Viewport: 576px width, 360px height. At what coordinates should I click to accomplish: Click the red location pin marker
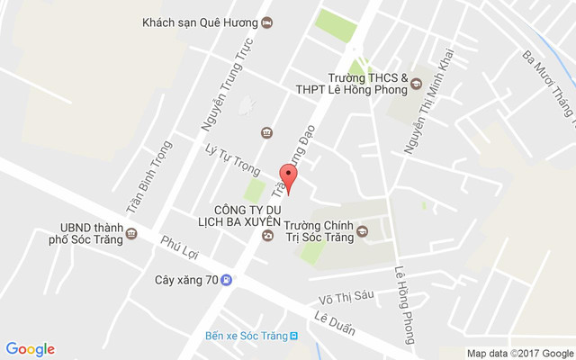point(288,176)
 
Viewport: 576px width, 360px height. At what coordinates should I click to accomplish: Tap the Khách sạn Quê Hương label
point(200,23)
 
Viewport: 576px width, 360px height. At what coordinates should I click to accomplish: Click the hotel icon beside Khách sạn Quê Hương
point(266,23)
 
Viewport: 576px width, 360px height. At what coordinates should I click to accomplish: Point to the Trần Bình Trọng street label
point(148,176)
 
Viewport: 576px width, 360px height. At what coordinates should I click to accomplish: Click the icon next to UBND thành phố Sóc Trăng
point(132,234)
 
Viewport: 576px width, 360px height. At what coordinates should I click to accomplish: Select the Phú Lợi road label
point(177,252)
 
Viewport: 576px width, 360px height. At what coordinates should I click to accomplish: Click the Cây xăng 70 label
point(186,280)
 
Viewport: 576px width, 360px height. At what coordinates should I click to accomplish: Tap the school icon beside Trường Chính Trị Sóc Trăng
point(363,232)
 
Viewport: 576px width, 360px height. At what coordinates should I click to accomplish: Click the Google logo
point(31,349)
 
